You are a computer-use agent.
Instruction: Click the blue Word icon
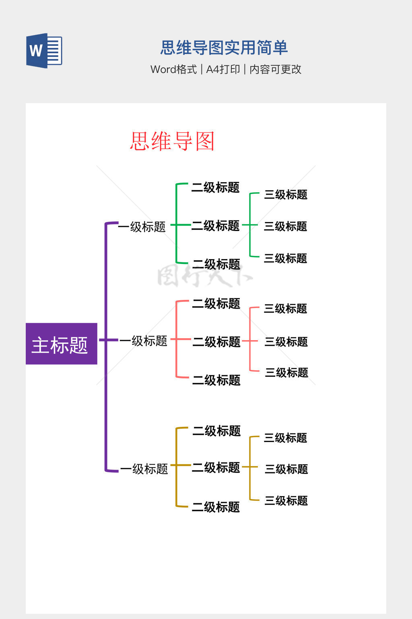coord(44,51)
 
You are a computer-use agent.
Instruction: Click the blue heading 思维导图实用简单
coord(224,48)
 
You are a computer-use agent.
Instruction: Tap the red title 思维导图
coord(172,141)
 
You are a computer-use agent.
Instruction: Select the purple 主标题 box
coord(61,344)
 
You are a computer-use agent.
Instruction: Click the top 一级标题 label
coord(142,227)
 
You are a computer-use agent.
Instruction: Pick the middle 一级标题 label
coord(143,341)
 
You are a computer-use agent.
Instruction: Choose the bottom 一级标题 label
coord(144,469)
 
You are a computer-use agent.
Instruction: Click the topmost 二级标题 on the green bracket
coord(215,187)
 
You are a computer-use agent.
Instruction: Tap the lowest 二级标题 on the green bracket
coord(216,264)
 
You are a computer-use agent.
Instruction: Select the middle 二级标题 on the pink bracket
coord(216,342)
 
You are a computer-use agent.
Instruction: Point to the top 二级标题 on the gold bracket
coord(216,431)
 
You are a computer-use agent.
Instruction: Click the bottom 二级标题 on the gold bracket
coord(216,507)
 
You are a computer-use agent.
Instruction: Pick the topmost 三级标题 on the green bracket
coord(286,195)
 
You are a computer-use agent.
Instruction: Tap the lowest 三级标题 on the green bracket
coord(285,258)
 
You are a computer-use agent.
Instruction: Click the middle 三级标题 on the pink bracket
coord(286,342)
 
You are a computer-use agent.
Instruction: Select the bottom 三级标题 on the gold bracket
coord(286,501)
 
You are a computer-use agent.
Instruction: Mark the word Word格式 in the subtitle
coord(173,69)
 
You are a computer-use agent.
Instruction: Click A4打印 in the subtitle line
coord(223,69)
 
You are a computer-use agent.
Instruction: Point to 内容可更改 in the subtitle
coord(275,69)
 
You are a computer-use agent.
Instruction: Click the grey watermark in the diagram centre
coord(204,276)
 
